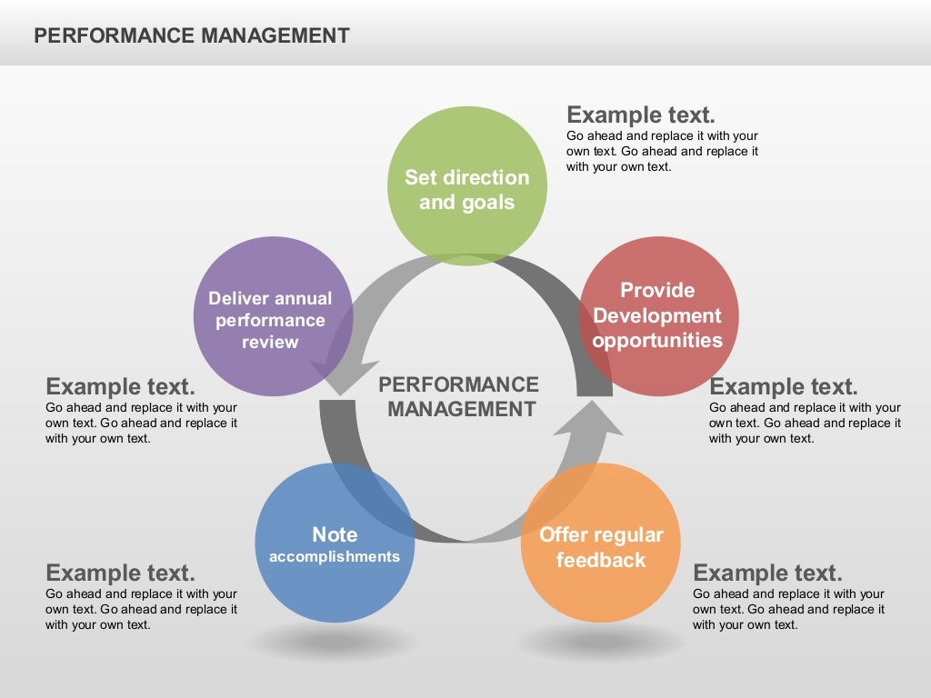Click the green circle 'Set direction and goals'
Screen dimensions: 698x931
tap(466, 186)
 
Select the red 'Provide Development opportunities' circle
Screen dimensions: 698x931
tap(658, 315)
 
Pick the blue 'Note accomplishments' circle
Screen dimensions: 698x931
tap(335, 543)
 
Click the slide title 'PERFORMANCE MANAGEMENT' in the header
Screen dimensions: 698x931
tap(191, 35)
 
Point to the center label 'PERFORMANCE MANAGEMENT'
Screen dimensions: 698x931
tap(460, 397)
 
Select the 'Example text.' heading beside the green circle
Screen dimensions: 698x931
tap(641, 115)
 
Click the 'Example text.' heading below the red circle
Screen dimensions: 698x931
tap(784, 386)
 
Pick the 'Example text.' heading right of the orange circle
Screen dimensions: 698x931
tap(767, 573)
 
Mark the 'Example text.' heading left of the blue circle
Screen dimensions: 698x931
tap(120, 573)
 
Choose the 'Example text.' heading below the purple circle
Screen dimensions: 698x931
tap(120, 386)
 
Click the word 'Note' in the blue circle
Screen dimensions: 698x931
tap(335, 534)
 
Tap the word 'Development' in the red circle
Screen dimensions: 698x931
tap(657, 316)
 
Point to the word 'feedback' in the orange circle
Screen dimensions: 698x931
tap(600, 560)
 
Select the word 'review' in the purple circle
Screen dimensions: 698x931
tap(270, 343)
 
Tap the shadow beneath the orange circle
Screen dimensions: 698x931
tap(600, 643)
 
